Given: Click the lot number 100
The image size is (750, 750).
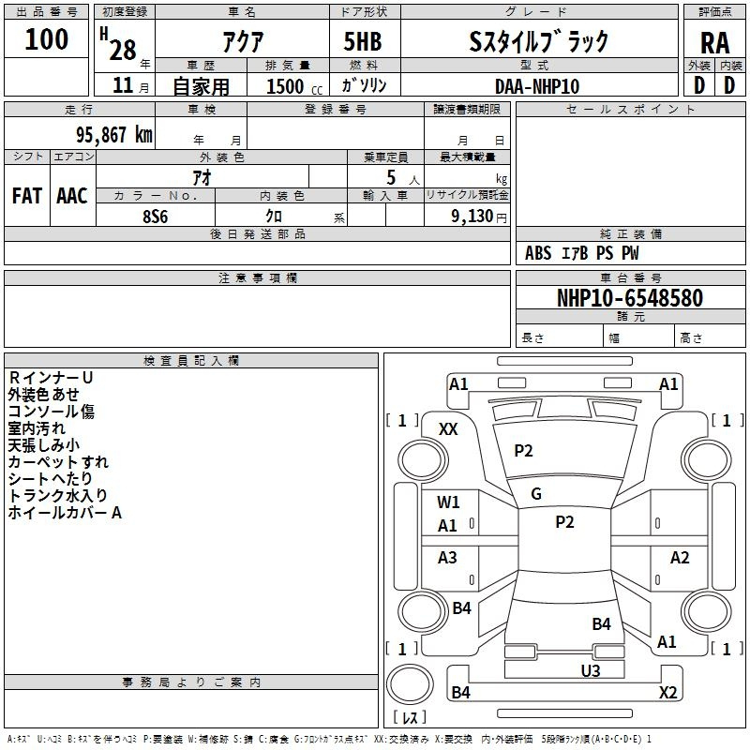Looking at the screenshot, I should [x=47, y=39].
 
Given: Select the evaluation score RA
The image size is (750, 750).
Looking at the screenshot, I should [x=714, y=43].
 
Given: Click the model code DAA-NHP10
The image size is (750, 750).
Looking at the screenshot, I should [x=537, y=85].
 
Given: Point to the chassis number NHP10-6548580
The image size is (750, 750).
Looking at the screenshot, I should [x=629, y=298].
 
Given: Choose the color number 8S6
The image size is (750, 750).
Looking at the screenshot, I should [x=156, y=216].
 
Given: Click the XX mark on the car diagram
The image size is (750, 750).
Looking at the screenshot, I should [x=448, y=428].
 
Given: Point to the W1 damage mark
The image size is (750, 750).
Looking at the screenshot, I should [x=448, y=502].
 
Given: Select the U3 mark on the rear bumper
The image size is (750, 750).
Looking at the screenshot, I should [x=590, y=670].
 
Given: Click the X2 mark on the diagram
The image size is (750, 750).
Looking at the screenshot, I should [x=667, y=693].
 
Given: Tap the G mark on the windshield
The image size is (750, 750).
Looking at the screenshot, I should [x=536, y=494].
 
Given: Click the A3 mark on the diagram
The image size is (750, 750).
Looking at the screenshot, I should [x=448, y=558].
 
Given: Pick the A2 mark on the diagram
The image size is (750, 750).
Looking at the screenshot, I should [x=680, y=558].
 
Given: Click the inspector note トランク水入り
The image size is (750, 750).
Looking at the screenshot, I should [x=58, y=496].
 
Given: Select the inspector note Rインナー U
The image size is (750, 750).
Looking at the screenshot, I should [x=51, y=378].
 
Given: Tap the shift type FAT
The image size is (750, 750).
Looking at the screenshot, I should [x=26, y=196].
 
